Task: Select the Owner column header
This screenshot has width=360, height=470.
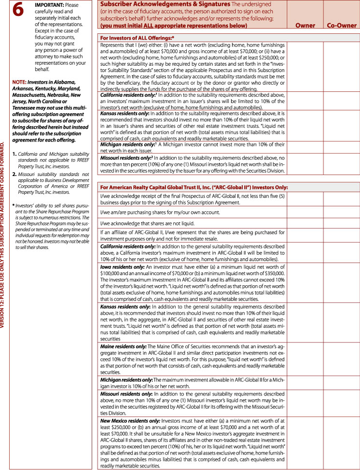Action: pos(305,26)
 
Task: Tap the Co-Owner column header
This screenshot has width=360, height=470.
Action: pos(342,26)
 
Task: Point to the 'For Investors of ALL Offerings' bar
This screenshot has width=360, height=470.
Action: pos(136,37)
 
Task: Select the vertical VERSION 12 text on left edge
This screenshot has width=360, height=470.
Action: pos(4,234)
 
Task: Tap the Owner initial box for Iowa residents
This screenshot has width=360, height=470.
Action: pos(305,283)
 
